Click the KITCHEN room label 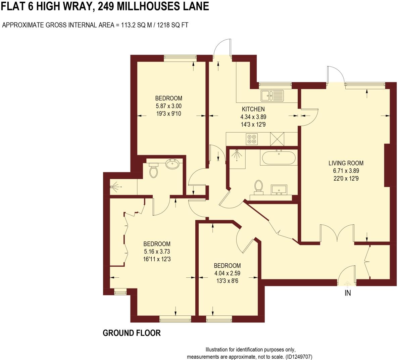point(253,109)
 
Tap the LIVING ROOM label point(346,163)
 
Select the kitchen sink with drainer point(272,95)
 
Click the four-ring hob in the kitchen point(252,139)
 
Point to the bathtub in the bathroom point(278,157)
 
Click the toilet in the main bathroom point(258,187)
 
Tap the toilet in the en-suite point(153,171)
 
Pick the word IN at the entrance point(348,293)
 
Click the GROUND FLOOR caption point(132,333)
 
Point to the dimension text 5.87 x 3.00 point(168,106)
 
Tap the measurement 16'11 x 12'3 point(157,259)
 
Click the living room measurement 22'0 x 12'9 point(346,179)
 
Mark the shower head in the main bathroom point(237,153)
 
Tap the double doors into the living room point(337,233)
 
